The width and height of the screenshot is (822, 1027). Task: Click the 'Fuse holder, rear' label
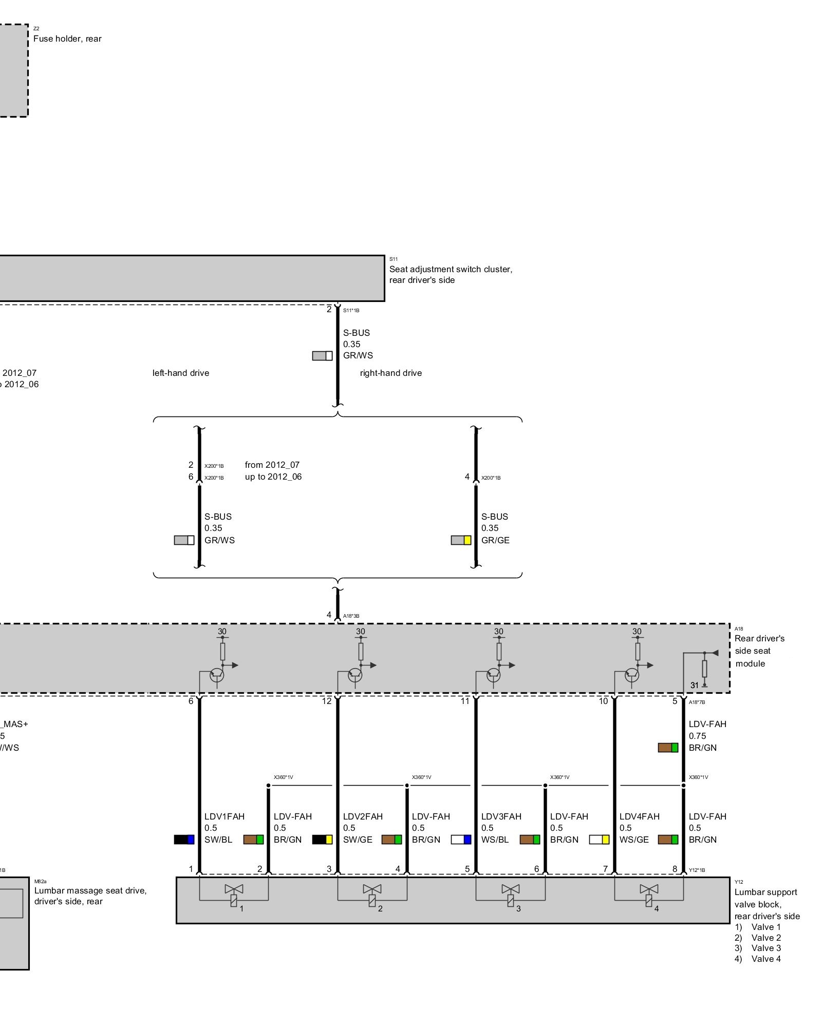(67, 39)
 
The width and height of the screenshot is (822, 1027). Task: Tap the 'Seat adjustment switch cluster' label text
(451, 269)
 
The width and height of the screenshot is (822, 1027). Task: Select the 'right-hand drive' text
(390, 373)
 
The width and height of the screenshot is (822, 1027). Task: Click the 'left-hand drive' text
(181, 373)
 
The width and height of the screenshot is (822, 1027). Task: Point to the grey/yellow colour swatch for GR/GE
(461, 540)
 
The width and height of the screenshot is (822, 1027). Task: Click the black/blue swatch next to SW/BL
(184, 840)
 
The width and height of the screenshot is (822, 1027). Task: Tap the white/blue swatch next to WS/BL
(461, 840)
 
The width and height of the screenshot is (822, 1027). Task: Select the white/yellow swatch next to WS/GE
(599, 840)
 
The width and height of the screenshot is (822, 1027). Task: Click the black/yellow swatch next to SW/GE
(322, 840)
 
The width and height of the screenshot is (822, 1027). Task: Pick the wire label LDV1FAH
(225, 816)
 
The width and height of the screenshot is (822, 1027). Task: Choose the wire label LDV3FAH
(501, 816)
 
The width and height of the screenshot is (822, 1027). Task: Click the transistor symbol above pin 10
(632, 675)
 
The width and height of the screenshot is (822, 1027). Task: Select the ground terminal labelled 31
(704, 684)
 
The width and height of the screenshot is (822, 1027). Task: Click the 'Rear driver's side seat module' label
(759, 651)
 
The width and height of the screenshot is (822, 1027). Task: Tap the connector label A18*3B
(351, 616)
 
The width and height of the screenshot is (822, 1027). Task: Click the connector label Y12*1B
(697, 870)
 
